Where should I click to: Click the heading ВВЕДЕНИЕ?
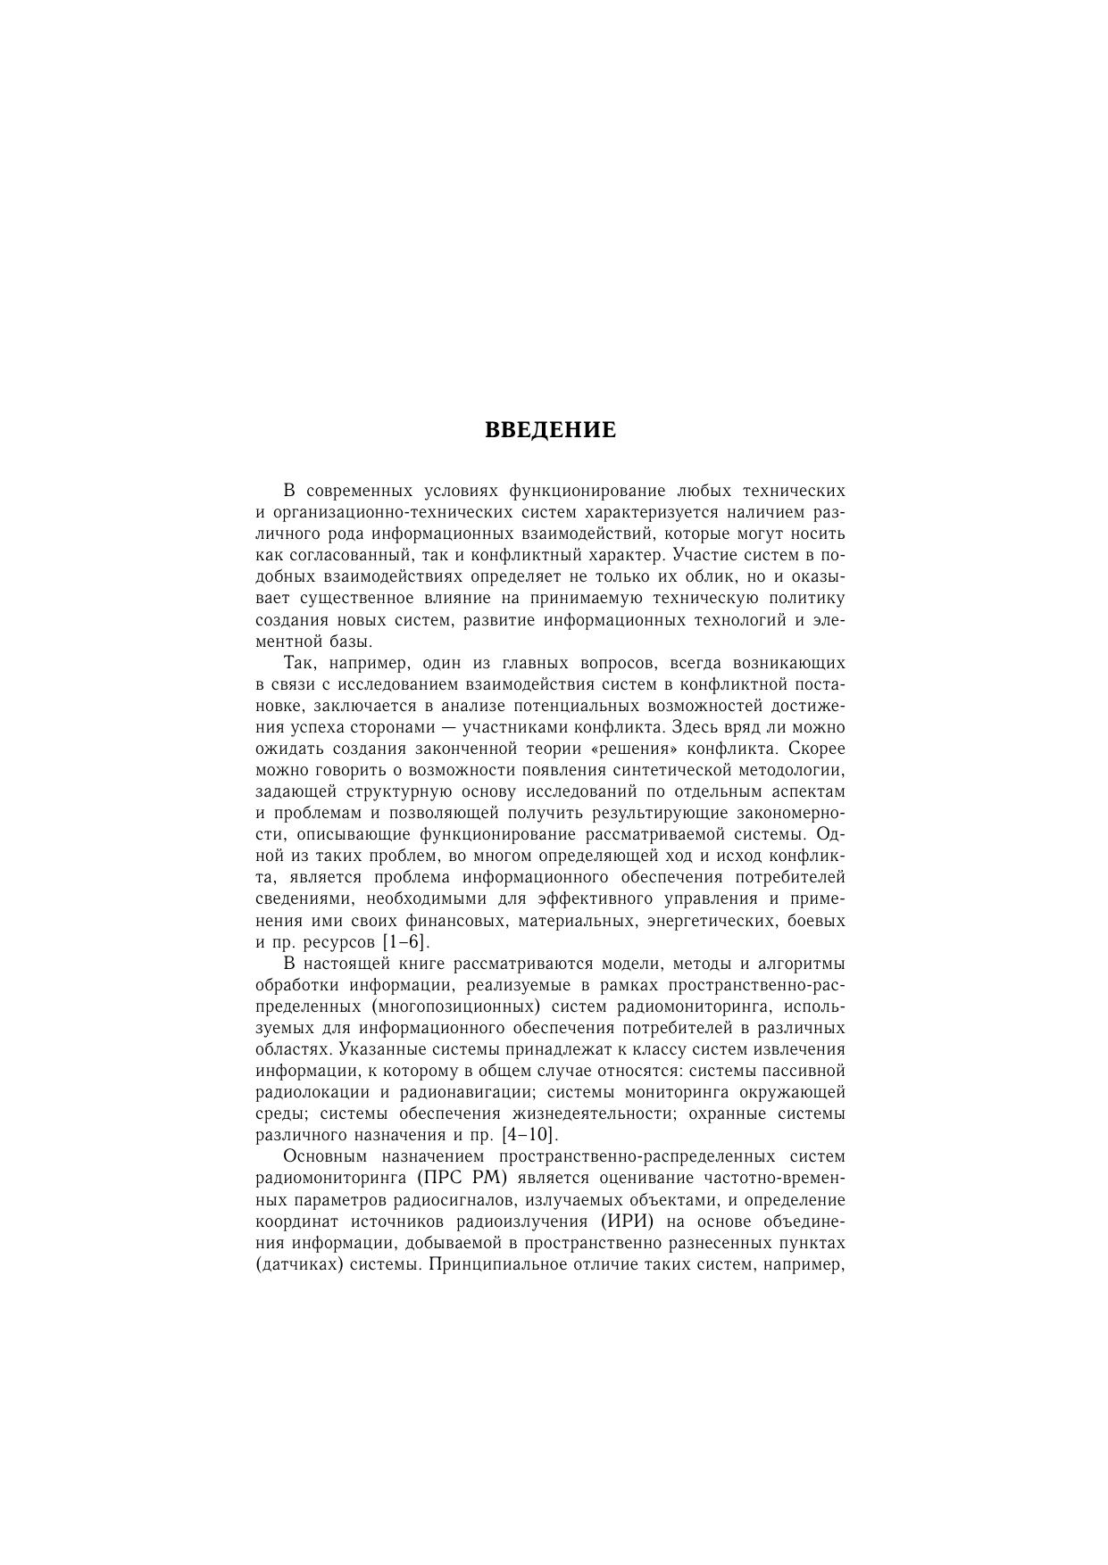click(x=550, y=431)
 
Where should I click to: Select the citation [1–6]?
click(x=405, y=942)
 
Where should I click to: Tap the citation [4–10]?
click(x=530, y=1136)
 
